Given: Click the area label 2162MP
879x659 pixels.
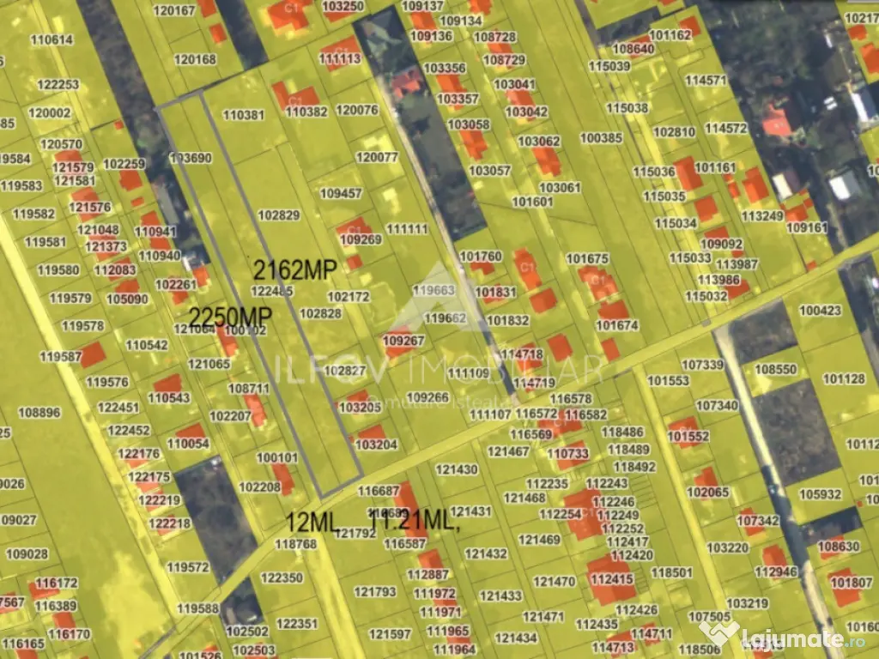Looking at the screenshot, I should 291,269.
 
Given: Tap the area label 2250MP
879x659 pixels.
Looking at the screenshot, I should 230,317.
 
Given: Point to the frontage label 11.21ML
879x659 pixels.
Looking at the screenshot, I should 415,520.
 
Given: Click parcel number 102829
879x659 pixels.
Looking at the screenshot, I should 278,215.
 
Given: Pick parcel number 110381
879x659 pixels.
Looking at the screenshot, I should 243,115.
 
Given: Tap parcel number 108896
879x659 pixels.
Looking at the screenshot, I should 39,412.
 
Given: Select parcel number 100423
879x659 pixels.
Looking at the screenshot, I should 820,310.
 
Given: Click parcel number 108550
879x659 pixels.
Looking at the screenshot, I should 775,369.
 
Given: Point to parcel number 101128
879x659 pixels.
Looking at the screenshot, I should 844,378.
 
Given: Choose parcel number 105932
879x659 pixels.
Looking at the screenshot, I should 820,494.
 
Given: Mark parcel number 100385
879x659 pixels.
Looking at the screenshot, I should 601,137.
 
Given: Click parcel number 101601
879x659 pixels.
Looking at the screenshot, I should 532,202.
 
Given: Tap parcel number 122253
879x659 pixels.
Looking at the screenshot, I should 58,84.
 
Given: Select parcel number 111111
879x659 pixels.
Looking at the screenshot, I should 407,229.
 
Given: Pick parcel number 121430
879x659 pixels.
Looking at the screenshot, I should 457,469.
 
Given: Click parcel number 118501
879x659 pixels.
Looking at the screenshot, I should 671,572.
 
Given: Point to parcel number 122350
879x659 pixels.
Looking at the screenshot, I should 282,578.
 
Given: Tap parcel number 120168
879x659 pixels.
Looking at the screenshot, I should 195,59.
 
